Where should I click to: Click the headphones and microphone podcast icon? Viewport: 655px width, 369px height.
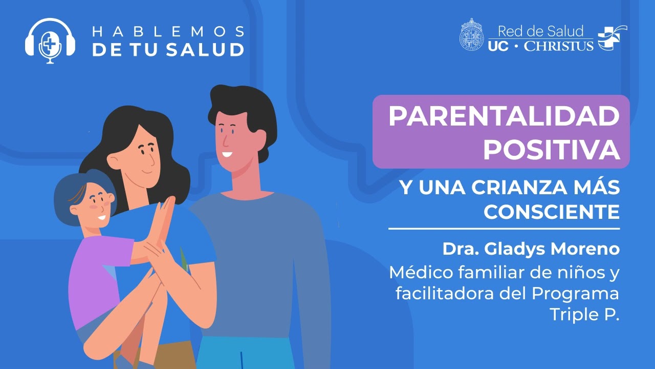[50, 40]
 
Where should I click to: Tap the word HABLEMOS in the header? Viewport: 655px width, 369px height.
[167, 32]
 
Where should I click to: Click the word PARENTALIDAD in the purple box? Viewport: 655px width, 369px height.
[504, 117]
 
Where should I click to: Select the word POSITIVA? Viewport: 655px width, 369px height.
[551, 149]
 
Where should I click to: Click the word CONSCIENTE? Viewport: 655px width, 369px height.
[551, 211]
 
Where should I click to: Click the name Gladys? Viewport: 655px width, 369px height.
[514, 249]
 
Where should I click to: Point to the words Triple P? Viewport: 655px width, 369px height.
[584, 315]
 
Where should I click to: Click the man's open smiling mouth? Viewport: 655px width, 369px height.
[227, 154]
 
